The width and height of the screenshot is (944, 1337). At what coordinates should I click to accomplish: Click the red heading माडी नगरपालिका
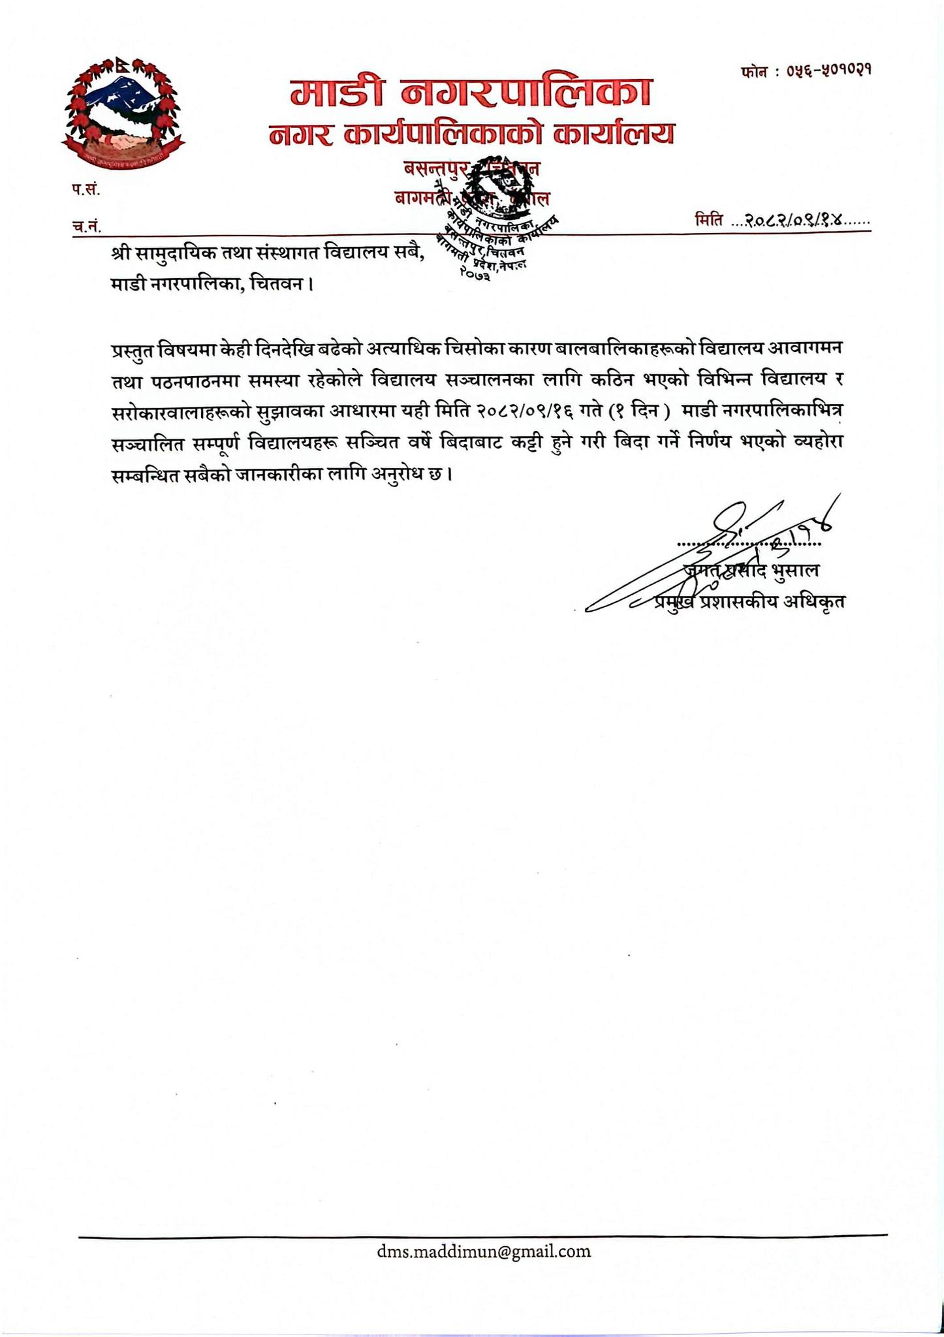click(471, 93)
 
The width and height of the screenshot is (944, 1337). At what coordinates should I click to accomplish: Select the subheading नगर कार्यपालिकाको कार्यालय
click(471, 134)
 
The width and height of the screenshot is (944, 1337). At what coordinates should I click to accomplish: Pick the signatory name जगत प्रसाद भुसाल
click(751, 570)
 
